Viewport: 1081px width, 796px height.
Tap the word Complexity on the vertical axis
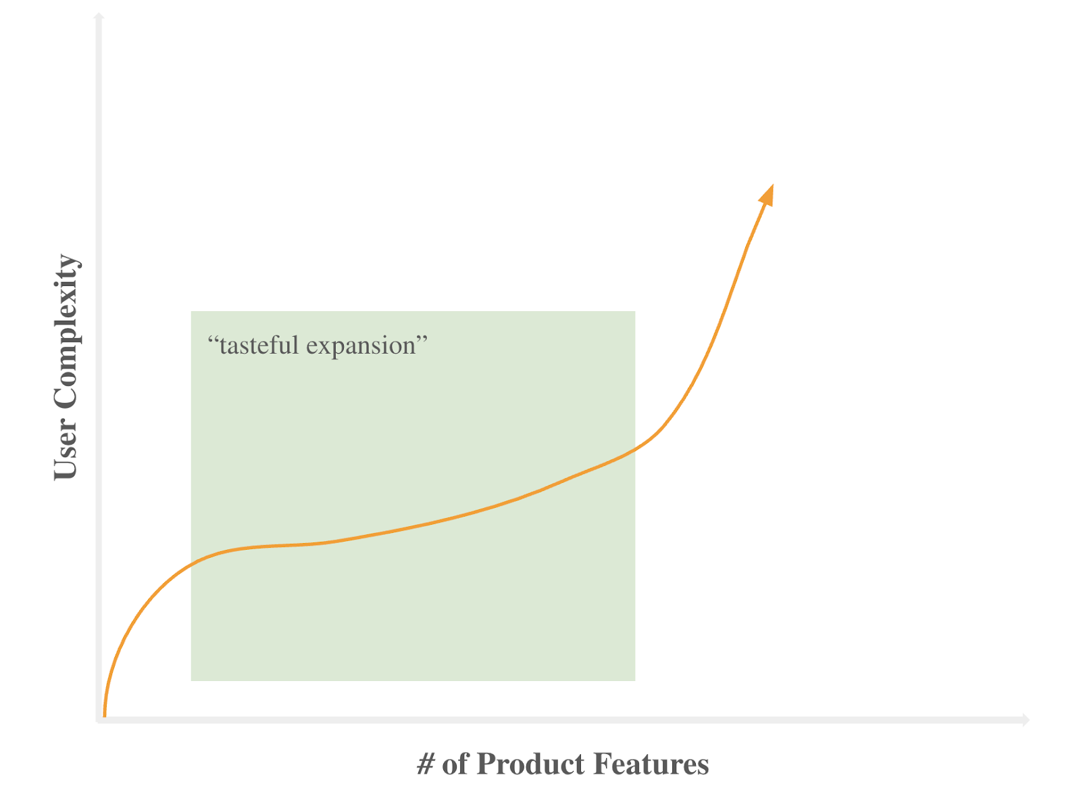click(66, 331)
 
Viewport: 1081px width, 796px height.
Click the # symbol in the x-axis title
click(426, 764)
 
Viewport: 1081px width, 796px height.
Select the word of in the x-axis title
click(455, 764)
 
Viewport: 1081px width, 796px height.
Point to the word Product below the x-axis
click(530, 764)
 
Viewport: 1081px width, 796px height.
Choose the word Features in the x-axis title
click(651, 764)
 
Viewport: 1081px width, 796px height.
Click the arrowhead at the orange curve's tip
click(768, 194)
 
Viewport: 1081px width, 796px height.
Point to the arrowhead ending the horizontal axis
click(1026, 720)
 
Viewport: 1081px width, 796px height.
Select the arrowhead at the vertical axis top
click(99, 16)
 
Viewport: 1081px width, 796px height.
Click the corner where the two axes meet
click(99, 720)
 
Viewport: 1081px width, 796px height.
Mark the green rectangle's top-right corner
click(635, 311)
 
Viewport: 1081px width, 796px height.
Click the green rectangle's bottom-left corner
click(191, 680)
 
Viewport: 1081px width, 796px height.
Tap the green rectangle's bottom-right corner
click(635, 680)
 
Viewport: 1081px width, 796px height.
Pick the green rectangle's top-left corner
click(191, 311)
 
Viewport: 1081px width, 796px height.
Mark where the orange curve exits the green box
click(635, 450)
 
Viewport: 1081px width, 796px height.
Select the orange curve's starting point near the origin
click(104, 714)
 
